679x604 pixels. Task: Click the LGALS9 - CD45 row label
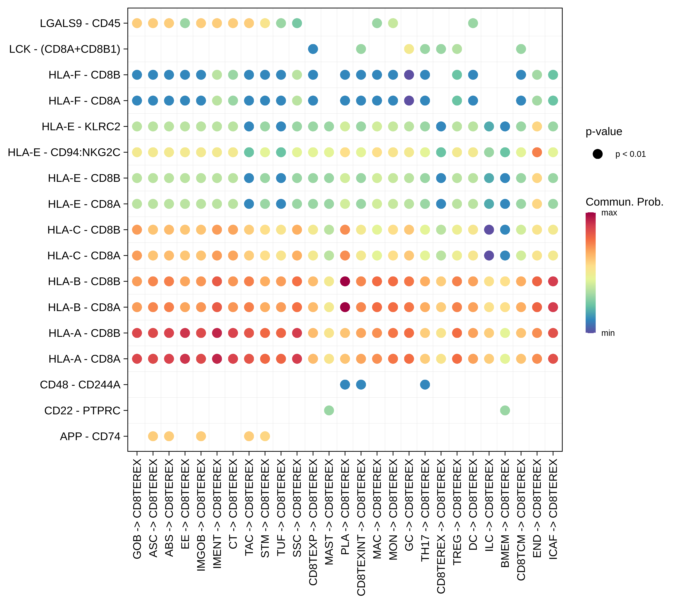[x=80, y=23]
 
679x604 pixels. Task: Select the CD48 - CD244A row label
[x=80, y=385]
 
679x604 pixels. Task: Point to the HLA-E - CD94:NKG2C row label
[x=64, y=152]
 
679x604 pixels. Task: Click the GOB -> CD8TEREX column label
[x=137, y=509]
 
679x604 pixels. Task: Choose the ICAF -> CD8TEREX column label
[x=553, y=509]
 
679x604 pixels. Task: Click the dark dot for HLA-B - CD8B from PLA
[x=345, y=281]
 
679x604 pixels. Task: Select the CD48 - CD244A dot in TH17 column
[x=425, y=385]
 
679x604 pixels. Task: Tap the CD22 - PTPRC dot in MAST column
[x=329, y=411]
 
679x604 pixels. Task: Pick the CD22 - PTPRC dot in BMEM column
[x=505, y=411]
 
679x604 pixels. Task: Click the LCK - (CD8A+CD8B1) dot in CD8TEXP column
[x=313, y=49]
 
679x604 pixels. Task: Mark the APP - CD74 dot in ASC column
[x=153, y=436]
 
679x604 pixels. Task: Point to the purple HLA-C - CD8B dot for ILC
[x=489, y=230]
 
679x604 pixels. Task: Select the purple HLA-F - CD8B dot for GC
[x=409, y=75]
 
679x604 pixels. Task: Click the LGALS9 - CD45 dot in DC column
[x=473, y=23]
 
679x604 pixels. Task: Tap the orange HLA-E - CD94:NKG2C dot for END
[x=537, y=152]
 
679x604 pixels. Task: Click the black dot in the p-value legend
[x=598, y=154]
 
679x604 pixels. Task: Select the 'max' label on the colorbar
[x=609, y=213]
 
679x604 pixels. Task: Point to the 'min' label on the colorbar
[x=608, y=333]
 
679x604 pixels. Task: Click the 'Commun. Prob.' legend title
[x=624, y=202]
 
